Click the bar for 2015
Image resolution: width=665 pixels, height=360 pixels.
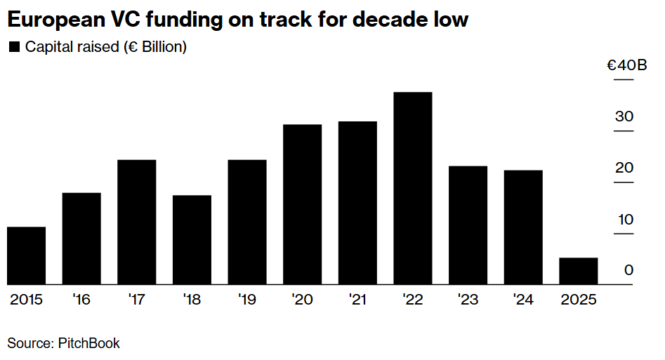click(27, 255)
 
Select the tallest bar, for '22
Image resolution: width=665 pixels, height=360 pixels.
click(413, 188)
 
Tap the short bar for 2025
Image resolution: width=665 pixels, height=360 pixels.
click(579, 271)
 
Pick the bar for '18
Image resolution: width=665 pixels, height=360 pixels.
click(192, 240)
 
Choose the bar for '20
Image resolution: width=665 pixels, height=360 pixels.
click(303, 204)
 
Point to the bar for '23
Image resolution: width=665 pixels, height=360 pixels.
click(468, 225)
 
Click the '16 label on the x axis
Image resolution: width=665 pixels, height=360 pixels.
click(81, 300)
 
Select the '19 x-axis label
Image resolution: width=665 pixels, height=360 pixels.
click(247, 300)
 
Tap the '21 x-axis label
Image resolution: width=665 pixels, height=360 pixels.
click(357, 300)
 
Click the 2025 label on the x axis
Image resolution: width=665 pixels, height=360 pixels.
click(579, 300)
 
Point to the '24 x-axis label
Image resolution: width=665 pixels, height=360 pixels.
click(523, 300)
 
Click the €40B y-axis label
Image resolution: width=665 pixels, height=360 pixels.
click(627, 66)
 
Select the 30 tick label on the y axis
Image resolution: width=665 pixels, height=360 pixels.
click(624, 117)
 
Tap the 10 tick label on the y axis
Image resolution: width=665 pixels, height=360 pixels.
click(624, 220)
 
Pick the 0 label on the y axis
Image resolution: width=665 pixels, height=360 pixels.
click(628, 271)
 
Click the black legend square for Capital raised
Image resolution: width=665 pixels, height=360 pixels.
click(13, 48)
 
